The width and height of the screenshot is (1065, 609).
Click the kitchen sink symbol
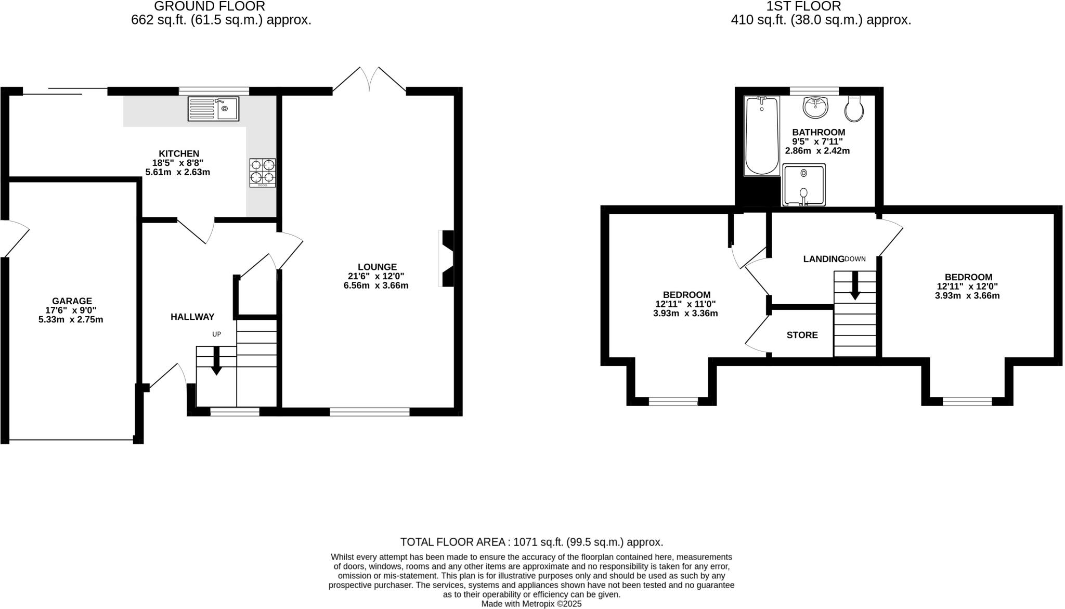(213, 109)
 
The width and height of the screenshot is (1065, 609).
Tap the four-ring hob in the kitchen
(263, 173)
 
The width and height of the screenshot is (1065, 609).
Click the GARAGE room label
(72, 301)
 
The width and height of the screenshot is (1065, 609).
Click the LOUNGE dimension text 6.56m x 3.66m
(375, 286)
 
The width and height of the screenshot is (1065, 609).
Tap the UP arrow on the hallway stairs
(216, 360)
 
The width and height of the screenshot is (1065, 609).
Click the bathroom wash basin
(815, 108)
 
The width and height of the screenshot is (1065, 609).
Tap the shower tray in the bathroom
(803, 185)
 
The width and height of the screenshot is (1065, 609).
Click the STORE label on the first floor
(802, 335)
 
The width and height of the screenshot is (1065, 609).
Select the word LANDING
(823, 259)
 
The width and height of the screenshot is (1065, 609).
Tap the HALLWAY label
(192, 317)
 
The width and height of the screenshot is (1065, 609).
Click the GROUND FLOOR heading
(210, 6)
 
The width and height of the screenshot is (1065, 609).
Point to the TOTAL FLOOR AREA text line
(531, 542)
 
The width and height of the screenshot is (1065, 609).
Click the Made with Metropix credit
(531, 604)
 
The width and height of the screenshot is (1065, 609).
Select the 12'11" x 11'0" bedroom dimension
(685, 304)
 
